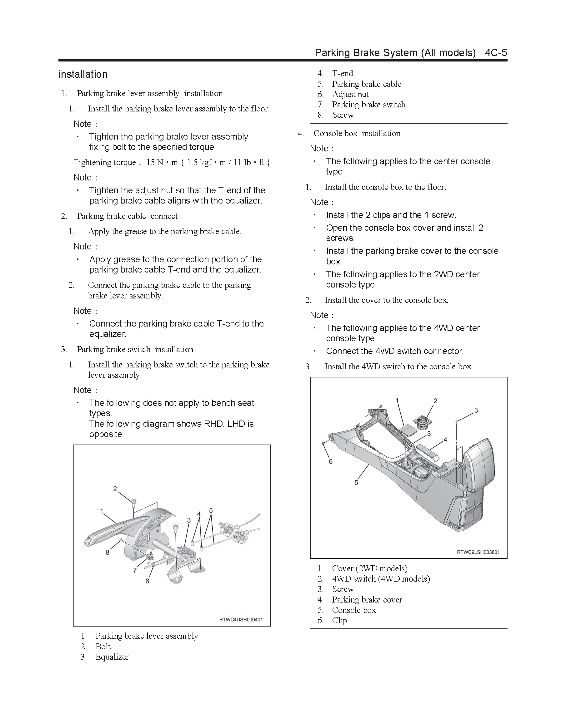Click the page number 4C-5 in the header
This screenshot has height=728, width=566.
point(496,53)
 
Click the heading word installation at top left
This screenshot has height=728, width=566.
point(83,74)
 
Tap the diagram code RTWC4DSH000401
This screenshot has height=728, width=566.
point(241,620)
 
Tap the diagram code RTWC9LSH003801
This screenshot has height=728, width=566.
point(478,552)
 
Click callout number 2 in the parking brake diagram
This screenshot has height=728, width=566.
point(115,489)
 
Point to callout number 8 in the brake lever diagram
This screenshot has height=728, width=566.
point(108,552)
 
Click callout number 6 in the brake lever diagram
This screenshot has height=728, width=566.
point(147,581)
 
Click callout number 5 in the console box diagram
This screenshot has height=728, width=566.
point(356,482)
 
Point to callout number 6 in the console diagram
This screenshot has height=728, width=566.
point(331,461)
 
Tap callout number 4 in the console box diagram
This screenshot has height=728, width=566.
point(445,440)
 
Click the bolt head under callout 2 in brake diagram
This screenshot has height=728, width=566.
point(133,501)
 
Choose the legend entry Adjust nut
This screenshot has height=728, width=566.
point(350,94)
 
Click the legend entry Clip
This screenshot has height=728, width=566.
point(339,620)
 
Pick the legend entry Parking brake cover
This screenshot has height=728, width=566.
point(367,600)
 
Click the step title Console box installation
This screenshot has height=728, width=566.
point(357,133)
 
